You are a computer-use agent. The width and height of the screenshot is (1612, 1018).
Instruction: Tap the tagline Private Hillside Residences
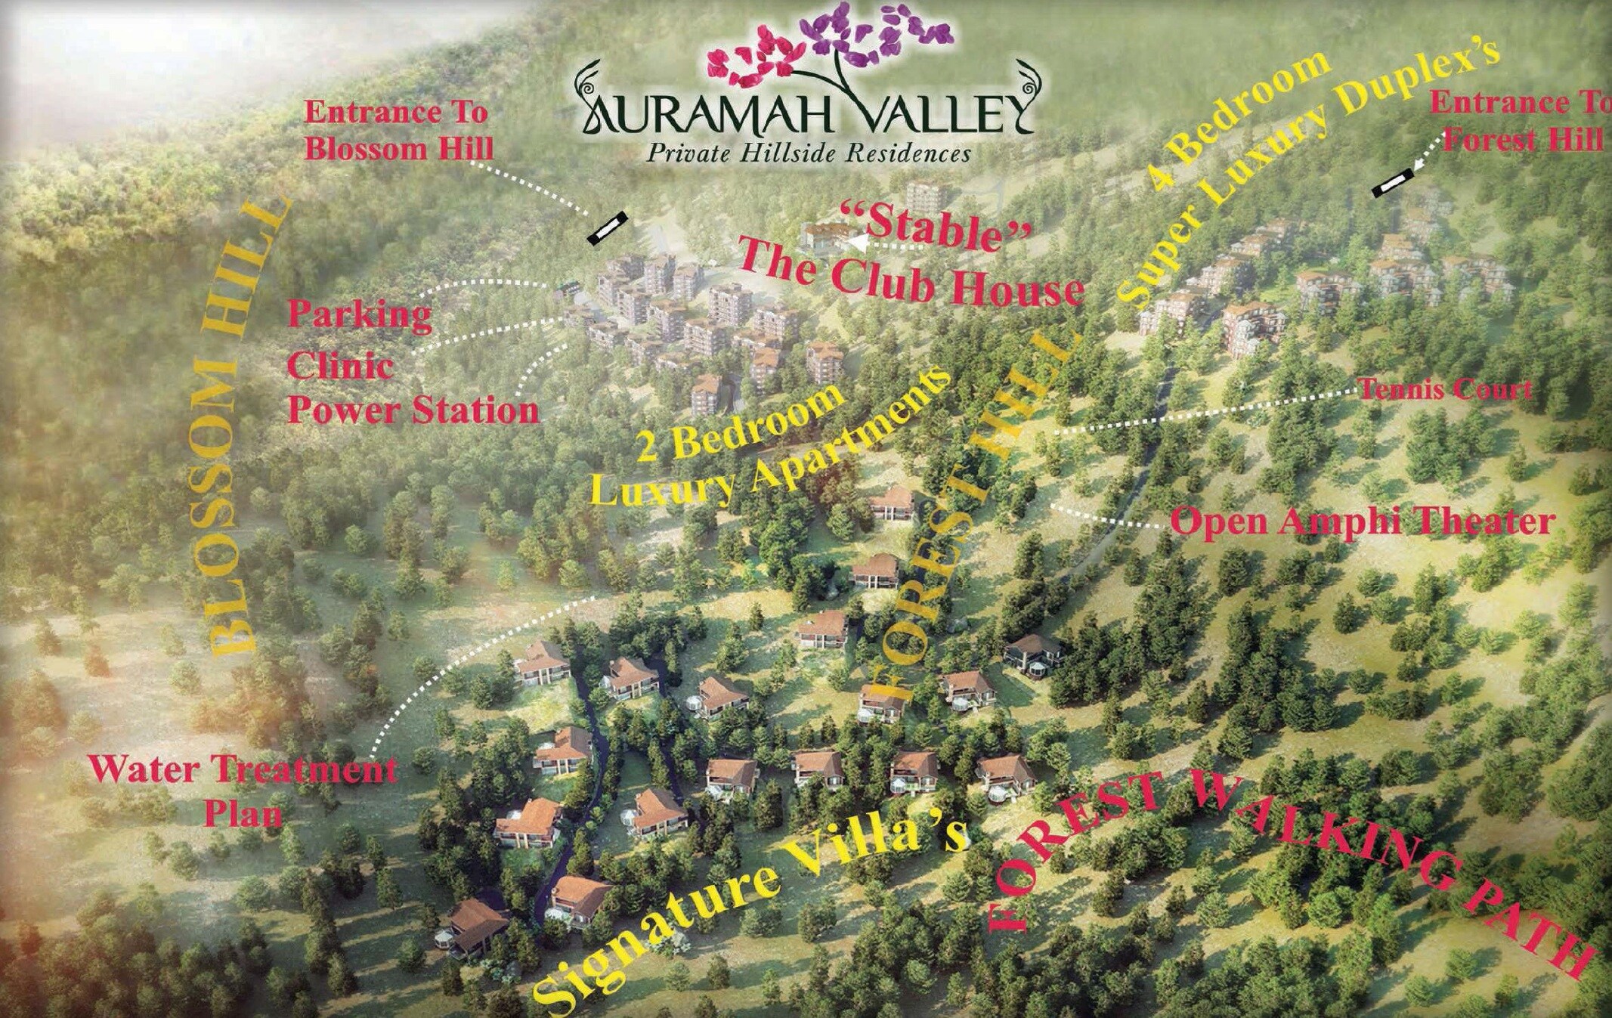808,154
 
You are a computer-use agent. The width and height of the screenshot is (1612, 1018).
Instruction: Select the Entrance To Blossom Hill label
398,131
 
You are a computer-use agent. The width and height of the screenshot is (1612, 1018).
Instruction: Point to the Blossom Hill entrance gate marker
608,227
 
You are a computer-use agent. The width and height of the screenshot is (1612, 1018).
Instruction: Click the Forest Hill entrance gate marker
1392,184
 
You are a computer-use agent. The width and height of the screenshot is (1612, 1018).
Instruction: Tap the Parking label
359,314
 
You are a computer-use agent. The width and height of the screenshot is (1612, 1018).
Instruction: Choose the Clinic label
340,367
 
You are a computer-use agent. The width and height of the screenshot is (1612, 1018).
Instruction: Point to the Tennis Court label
1445,390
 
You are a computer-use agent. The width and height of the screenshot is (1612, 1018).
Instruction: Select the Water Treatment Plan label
243,791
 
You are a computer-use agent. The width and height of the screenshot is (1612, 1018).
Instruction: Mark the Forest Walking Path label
1285,854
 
